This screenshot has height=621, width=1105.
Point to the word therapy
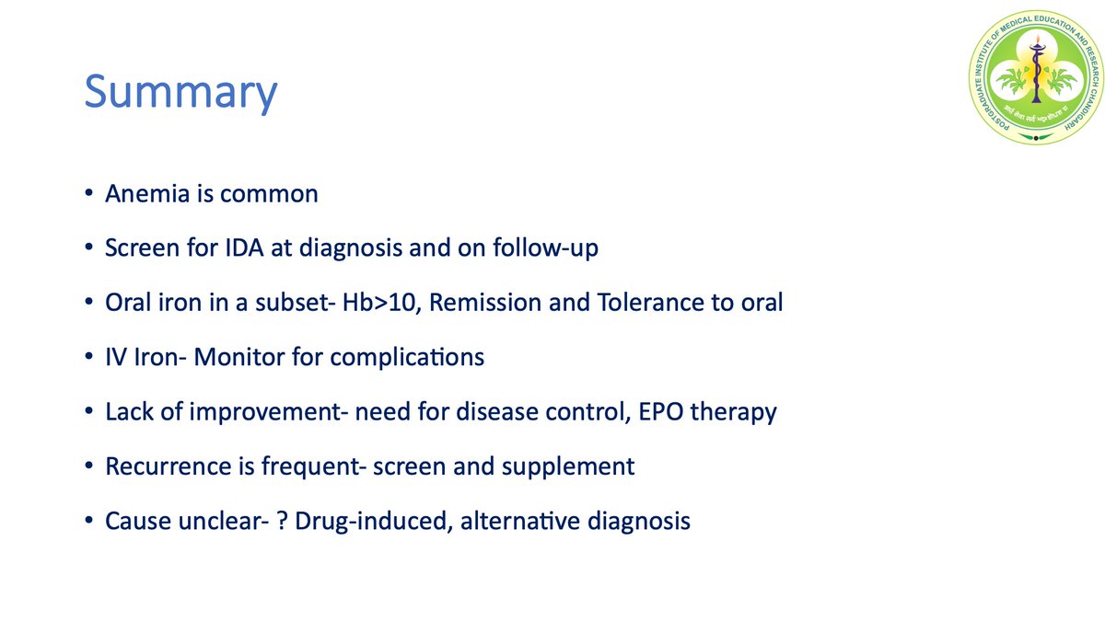[738, 411]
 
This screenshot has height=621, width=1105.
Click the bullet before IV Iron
[87, 358]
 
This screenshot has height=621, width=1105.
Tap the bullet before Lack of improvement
[87, 412]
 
